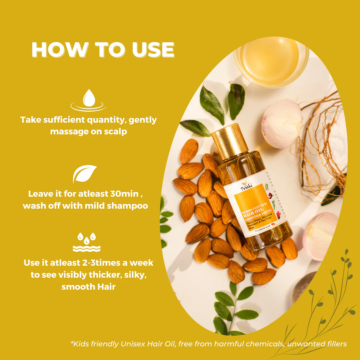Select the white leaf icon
point(84,174)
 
